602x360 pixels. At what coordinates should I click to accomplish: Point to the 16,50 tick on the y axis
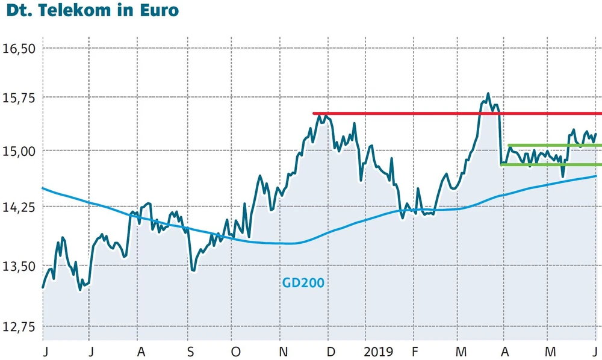20,49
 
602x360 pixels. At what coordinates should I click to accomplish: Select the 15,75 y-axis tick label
20,98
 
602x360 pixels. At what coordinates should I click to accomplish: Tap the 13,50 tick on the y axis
20,267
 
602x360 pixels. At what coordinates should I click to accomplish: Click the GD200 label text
303,282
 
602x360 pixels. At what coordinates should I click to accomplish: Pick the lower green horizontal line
551,164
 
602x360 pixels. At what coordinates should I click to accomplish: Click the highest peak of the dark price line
488,94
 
